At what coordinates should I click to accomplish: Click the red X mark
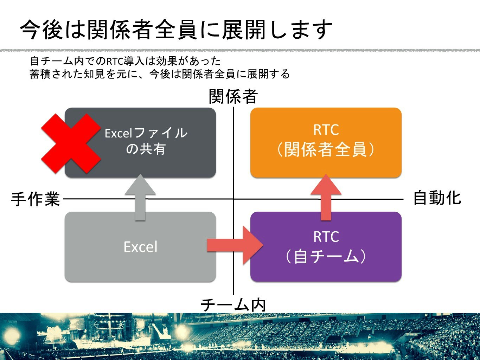pos(71,143)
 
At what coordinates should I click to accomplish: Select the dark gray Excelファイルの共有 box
pos(140,142)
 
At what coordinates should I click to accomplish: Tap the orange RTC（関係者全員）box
pos(326,142)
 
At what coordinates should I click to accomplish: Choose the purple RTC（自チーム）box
pos(326,246)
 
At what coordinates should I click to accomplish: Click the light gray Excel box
pos(140,246)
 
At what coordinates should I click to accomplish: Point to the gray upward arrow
pos(140,197)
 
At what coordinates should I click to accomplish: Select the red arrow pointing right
pos(235,245)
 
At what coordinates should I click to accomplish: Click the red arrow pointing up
pos(326,197)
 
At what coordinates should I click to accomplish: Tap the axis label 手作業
pos(35,199)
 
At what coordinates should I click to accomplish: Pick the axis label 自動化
pos(437,198)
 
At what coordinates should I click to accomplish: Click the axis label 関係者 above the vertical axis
pos(233,96)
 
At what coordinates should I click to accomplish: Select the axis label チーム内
pos(233,305)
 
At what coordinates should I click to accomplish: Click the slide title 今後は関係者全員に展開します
pos(176,30)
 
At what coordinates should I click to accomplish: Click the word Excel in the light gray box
pos(140,247)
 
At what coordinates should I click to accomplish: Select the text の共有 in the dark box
pos(146,149)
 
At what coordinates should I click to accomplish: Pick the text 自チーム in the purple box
pos(326,256)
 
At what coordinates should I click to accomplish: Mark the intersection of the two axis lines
pos(233,199)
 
